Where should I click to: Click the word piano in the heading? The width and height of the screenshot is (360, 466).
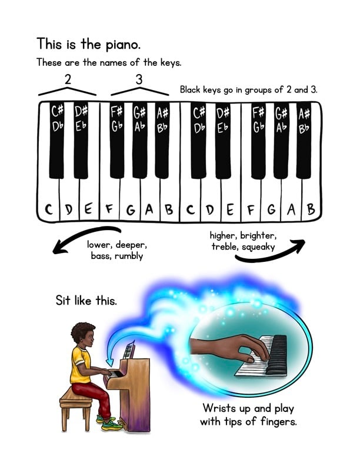pos(123,45)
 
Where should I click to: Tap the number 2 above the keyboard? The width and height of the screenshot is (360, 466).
pos(68,79)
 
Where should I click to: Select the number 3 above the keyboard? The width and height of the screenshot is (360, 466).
pos(139,79)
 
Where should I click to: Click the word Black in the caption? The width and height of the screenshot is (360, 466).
pos(190,89)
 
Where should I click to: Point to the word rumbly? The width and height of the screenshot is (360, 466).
pos(129,256)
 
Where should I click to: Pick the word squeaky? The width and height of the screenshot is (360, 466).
pos(258,247)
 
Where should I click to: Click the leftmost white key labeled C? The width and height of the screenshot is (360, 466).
pos(48,193)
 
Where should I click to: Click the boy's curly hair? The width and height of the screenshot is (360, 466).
pos(82,331)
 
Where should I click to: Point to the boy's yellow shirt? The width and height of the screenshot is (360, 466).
pos(80,365)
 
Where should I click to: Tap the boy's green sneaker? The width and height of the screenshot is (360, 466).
pos(111,425)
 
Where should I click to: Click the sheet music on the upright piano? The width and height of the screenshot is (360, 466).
pos(129,350)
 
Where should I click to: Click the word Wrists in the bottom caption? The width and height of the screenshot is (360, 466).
pos(219,408)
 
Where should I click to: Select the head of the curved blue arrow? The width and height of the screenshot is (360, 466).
pos(110,362)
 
